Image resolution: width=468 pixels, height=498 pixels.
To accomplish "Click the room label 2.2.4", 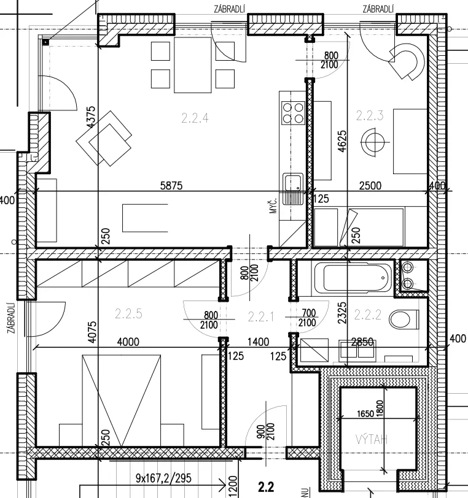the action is click(x=195, y=118).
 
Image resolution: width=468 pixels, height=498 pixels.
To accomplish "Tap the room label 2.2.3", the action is click(x=369, y=115).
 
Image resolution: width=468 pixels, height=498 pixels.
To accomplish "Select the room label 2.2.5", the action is click(x=128, y=314).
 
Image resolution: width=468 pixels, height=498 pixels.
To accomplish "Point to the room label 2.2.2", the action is click(x=367, y=315).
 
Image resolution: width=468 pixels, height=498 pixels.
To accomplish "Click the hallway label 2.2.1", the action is click(x=260, y=316).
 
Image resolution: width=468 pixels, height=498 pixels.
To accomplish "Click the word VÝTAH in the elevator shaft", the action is click(x=372, y=440).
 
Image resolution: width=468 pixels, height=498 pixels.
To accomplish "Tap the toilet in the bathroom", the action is click(x=403, y=320).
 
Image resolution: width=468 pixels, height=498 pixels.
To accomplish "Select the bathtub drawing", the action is click(x=353, y=278).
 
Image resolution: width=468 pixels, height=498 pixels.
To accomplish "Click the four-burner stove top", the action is click(x=293, y=113).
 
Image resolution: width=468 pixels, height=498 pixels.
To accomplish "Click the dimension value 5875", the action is click(x=171, y=185).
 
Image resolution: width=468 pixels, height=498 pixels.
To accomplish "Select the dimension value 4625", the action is click(x=342, y=141).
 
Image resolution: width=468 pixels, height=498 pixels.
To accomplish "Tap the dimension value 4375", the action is click(x=91, y=117).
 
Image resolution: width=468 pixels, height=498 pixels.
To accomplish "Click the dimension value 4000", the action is click(x=128, y=342).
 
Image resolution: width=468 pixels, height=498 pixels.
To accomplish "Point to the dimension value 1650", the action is click(x=365, y=414).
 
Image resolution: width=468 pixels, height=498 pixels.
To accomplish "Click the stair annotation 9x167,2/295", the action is click(x=163, y=478).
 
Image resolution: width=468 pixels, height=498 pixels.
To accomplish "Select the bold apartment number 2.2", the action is click(x=266, y=487).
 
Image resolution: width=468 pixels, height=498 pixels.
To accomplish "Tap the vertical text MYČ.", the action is click(x=273, y=205).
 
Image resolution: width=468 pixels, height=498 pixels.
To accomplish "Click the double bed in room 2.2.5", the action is click(x=121, y=400).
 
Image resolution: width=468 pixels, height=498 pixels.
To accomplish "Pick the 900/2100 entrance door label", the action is click(x=266, y=431).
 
